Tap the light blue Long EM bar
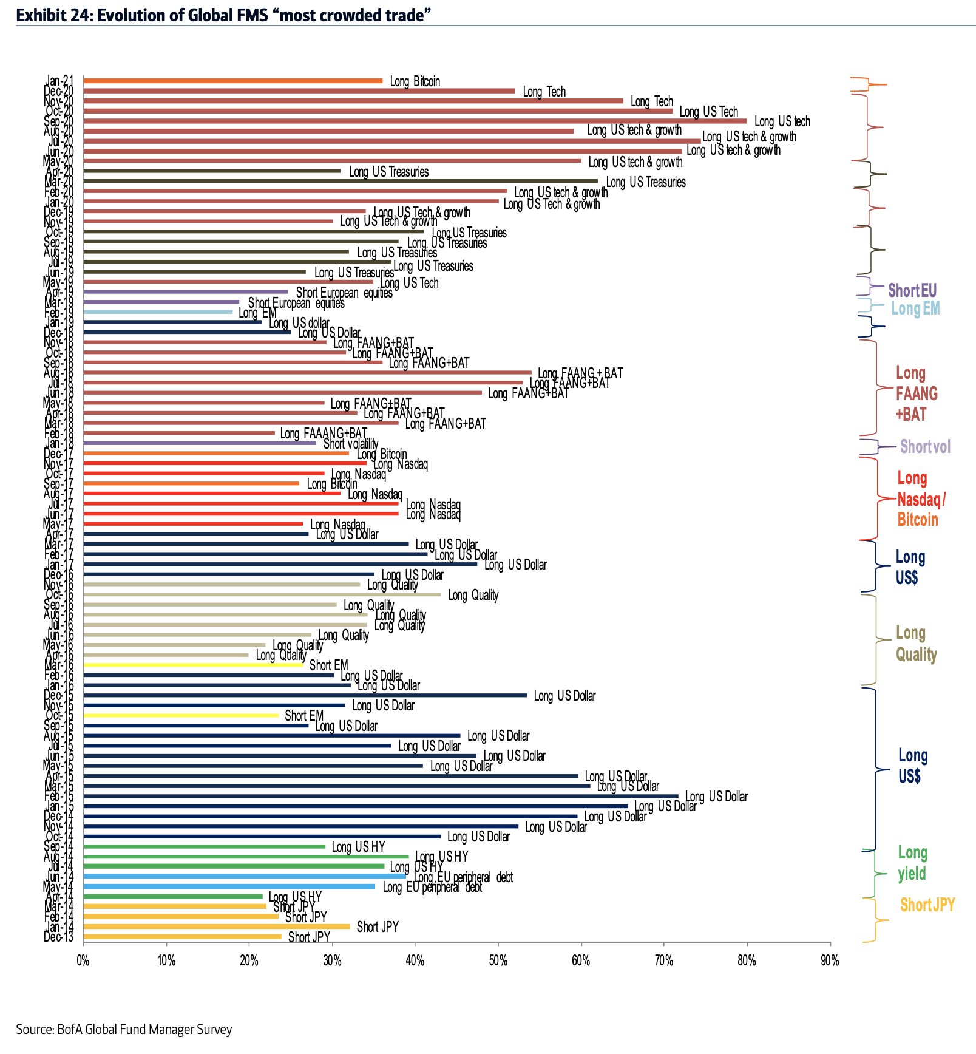158,312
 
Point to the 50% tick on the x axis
498,943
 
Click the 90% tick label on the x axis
830,960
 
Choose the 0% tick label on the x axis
83,960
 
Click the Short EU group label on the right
912,290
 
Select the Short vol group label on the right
925,447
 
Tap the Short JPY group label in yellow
927,905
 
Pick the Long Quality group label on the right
916,644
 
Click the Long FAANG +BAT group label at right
917,393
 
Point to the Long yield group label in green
912,863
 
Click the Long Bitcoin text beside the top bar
415,81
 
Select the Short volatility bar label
351,444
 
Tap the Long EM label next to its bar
257,313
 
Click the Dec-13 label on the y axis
58,937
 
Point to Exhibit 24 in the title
52,15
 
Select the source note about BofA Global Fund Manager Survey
124,1029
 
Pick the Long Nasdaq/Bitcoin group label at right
920,499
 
